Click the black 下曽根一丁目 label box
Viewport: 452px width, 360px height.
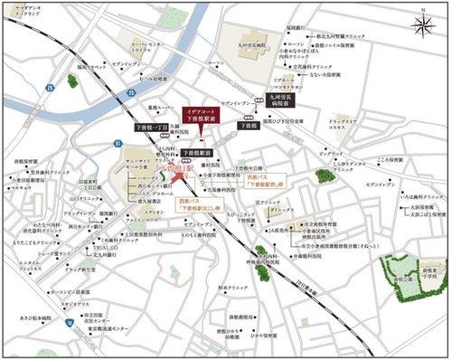149,130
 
